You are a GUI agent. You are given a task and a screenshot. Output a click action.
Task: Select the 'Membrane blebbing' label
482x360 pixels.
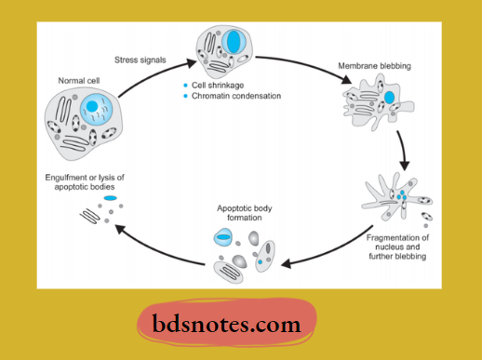[x=371, y=68]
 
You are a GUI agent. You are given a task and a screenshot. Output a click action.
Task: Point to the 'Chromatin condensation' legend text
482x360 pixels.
[x=235, y=97]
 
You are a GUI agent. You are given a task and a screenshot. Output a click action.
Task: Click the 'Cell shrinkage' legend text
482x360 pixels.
[x=222, y=86]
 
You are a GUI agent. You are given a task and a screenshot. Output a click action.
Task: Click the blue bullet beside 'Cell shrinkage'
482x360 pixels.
[x=186, y=86]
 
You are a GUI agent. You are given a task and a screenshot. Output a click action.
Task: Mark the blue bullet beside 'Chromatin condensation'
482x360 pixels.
[x=186, y=97]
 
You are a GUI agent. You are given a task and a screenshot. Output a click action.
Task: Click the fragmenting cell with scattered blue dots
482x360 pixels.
[x=395, y=196]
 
